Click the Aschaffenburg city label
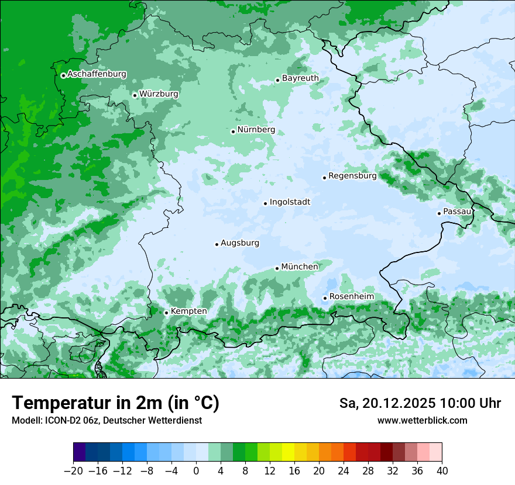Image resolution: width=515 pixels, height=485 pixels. [x=97, y=74]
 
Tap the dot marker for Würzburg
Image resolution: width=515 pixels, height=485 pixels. [x=135, y=95]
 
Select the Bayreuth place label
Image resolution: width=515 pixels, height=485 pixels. [x=300, y=78]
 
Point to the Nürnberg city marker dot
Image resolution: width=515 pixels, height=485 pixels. [x=233, y=131]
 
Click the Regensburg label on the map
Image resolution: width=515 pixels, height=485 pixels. [x=352, y=175]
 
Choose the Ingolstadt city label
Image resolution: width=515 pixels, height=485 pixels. [x=290, y=202]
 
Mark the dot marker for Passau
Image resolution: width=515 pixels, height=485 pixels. [x=439, y=213]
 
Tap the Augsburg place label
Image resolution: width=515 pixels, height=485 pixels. [x=240, y=243]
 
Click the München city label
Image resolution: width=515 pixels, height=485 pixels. [x=300, y=266]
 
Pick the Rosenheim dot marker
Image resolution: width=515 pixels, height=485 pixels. [x=325, y=299]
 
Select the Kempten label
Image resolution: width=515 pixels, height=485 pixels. [x=188, y=311]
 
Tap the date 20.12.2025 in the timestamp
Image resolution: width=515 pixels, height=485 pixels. [x=398, y=403]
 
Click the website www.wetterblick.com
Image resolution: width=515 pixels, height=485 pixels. [x=422, y=421]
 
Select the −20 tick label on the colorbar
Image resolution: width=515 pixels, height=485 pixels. [x=73, y=471]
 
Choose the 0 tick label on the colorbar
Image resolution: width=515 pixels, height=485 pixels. [x=196, y=471]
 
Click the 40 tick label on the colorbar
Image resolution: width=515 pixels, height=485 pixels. [x=442, y=471]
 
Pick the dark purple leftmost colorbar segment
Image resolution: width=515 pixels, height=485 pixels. [x=79, y=452]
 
